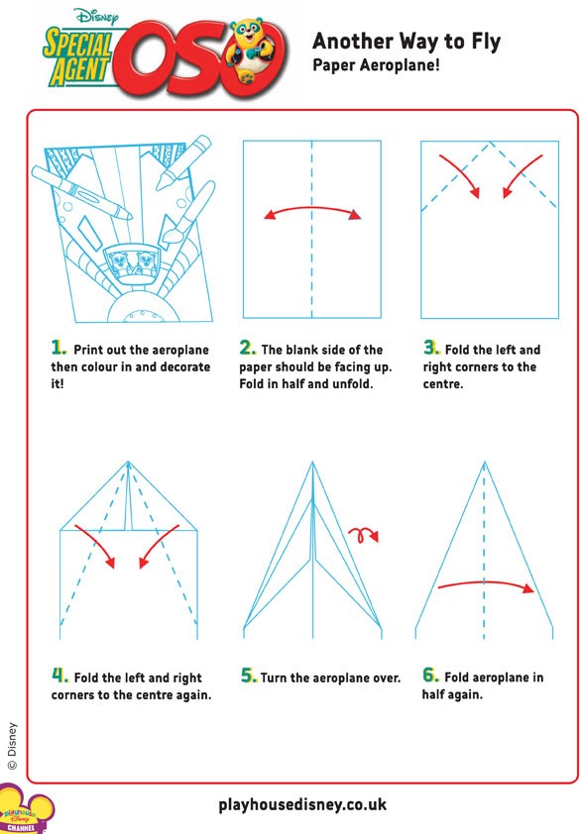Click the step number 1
[x=58, y=348]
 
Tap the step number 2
[x=247, y=348]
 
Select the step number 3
[x=431, y=348]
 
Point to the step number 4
[x=59, y=676]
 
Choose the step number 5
[x=249, y=676]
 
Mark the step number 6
[x=430, y=675]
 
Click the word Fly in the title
[x=485, y=42]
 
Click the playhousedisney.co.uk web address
[x=302, y=804]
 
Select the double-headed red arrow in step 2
[x=312, y=208]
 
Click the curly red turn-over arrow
[x=362, y=535]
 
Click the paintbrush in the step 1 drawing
[x=188, y=213]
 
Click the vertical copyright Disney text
[x=12, y=746]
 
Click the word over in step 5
[x=386, y=678]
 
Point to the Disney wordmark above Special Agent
[x=97, y=16]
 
